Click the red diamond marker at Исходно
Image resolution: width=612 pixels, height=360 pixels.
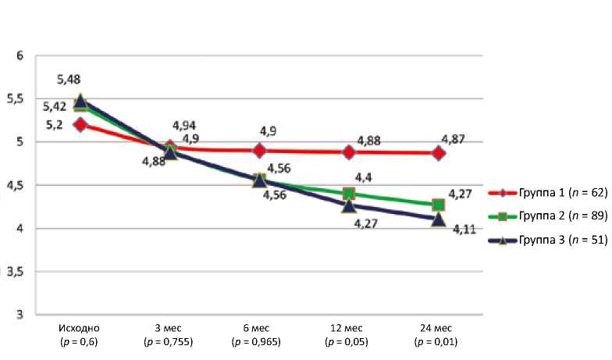click(x=80, y=124)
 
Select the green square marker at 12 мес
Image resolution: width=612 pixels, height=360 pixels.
click(x=349, y=194)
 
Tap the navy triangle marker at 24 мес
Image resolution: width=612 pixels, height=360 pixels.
click(x=439, y=219)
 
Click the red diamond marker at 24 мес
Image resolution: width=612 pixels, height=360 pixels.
click(x=439, y=153)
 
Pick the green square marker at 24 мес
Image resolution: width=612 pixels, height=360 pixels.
click(x=439, y=205)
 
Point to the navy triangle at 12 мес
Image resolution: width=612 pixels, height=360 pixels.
click(x=349, y=205)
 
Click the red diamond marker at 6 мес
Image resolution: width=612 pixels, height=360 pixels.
click(x=260, y=151)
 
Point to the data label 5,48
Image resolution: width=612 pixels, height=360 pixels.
click(x=69, y=79)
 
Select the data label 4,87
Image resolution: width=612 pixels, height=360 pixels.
click(x=454, y=139)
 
